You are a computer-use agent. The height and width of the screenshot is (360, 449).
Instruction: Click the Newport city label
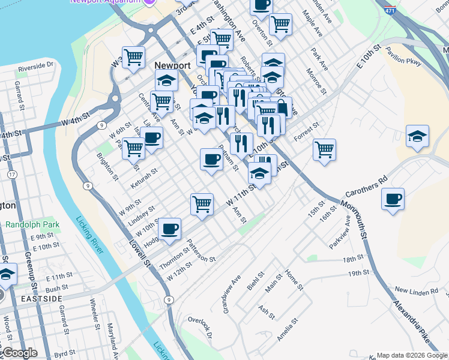coord(172,65)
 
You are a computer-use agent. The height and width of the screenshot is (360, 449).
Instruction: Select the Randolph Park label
coord(32,225)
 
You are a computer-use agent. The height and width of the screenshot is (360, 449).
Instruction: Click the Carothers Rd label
coord(367,188)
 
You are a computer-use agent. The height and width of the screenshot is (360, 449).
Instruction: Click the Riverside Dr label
coord(35,65)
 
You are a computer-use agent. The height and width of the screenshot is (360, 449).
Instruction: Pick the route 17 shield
coord(11,175)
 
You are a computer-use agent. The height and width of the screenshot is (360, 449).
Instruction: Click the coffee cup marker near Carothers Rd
coord(393,200)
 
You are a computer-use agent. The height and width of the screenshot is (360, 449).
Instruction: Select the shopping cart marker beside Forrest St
coord(324,149)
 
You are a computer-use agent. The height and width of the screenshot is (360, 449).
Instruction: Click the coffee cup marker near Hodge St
coord(170,229)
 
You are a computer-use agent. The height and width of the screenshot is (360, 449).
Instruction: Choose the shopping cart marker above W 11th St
coord(202,204)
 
